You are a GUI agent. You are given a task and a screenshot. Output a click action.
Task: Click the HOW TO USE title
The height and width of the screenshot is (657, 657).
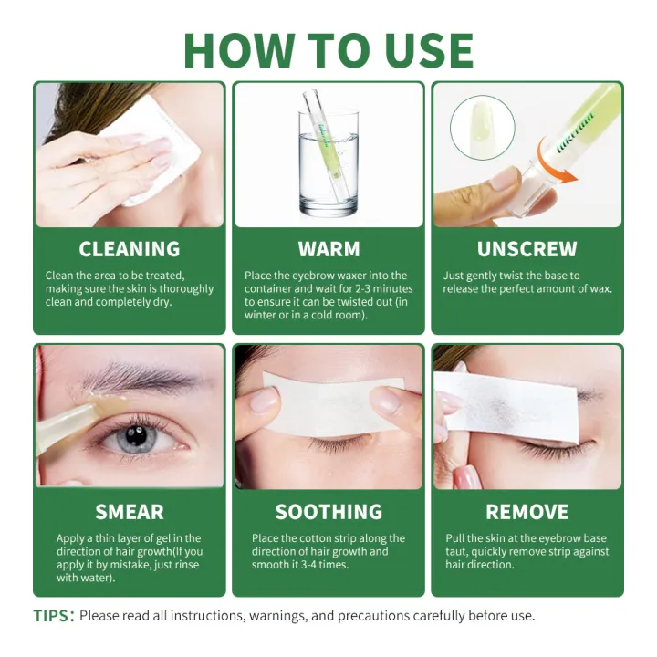[328, 49]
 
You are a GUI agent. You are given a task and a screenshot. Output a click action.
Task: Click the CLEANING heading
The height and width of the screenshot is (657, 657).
[129, 249]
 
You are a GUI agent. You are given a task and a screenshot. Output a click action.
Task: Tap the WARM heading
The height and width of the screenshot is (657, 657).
[328, 249]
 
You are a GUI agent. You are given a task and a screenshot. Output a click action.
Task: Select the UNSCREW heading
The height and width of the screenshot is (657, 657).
[527, 249]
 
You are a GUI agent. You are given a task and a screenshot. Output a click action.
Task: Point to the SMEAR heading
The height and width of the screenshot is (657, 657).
[130, 512]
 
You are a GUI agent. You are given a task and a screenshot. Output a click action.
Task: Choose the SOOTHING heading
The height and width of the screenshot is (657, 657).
[328, 512]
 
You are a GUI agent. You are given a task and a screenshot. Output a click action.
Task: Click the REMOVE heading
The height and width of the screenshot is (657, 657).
[527, 512]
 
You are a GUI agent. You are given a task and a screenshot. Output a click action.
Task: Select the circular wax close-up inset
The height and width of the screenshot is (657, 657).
[482, 128]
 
